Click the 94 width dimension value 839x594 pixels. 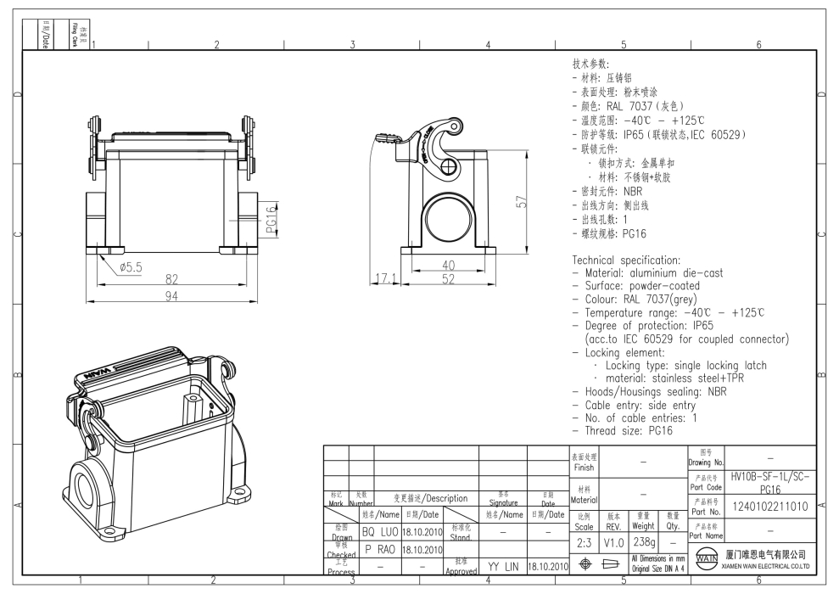171,295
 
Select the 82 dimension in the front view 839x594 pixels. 171,279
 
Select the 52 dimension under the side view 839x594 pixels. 448,278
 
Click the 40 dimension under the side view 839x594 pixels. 448,265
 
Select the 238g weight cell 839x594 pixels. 644,541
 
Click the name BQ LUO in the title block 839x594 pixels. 379,532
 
